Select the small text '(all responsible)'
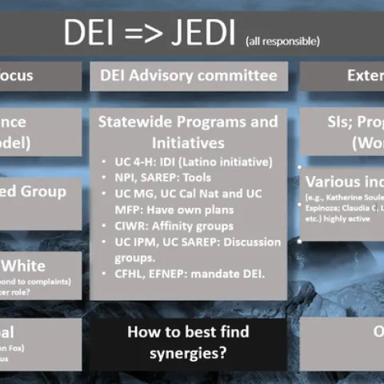[x=282, y=41]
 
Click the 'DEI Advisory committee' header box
[x=188, y=76]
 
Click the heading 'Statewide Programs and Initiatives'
[x=188, y=133]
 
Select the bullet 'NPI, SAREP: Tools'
[x=163, y=178]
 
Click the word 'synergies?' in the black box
[x=188, y=350]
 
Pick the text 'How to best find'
[x=188, y=331]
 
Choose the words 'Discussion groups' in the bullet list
[x=240, y=248]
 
